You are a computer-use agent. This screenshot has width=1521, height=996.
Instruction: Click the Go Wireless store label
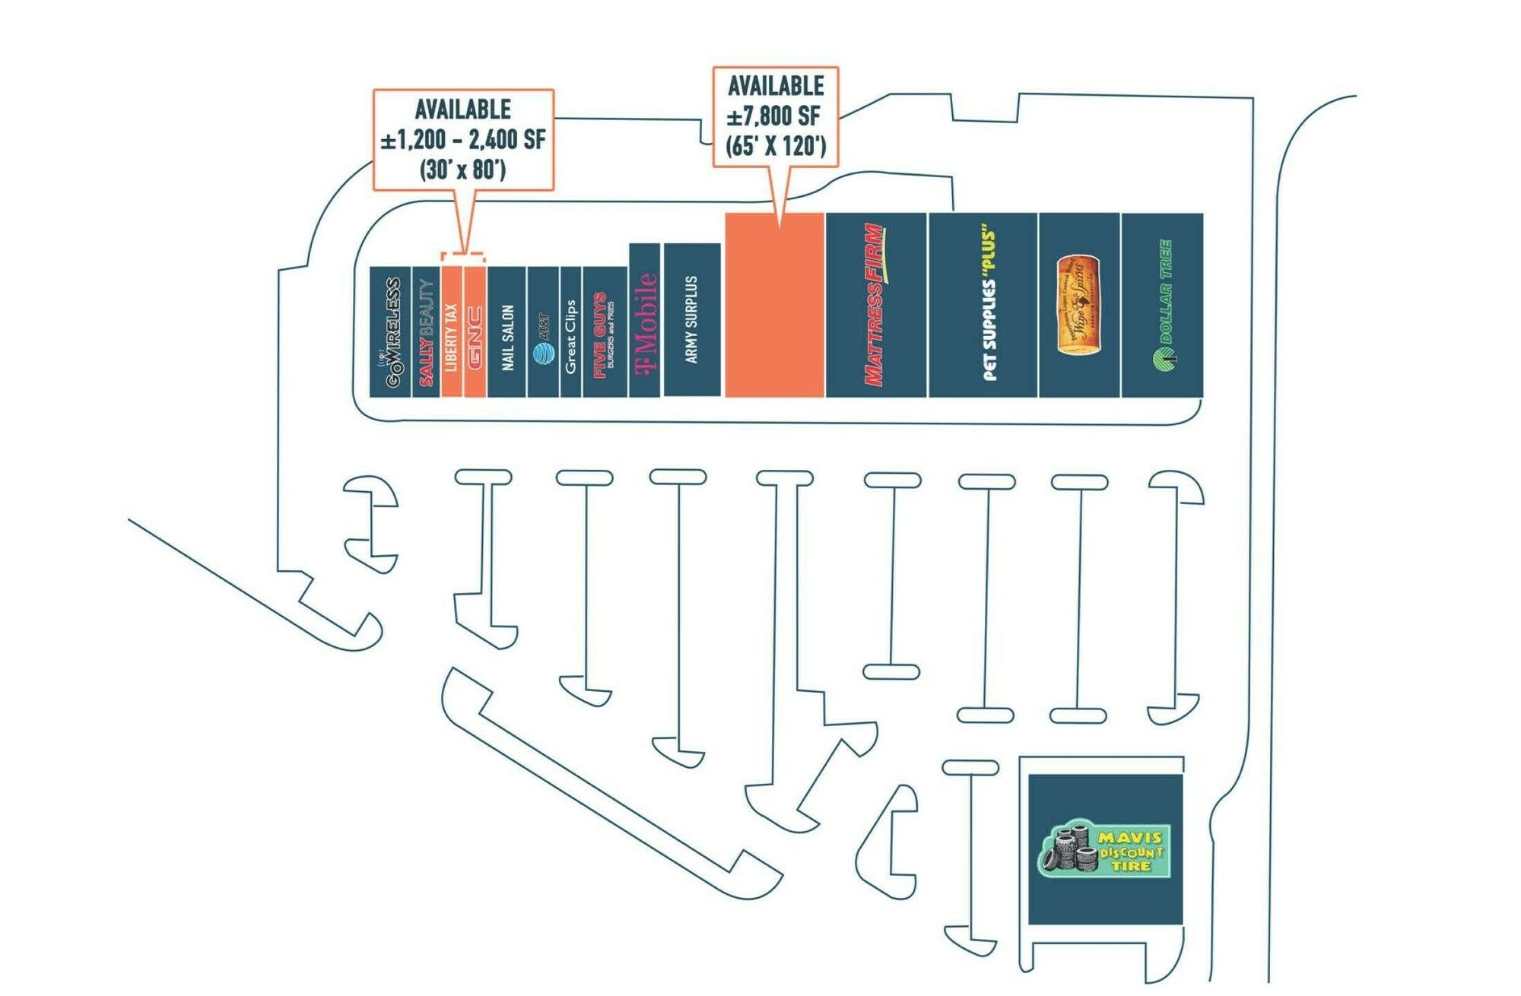click(392, 332)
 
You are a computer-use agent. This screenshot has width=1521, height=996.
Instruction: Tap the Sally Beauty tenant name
click(426, 332)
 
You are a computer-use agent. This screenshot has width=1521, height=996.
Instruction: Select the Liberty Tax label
click(451, 337)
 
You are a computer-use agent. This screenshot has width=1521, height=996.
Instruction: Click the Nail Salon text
click(508, 338)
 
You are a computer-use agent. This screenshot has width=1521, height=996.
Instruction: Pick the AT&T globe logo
click(544, 354)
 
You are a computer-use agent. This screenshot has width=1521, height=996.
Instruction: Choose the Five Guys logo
click(604, 335)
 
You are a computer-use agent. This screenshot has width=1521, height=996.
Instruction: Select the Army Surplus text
click(691, 319)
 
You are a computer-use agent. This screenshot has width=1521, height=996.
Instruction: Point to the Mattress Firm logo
click(875, 304)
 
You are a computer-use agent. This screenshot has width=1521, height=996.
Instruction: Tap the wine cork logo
click(1078, 305)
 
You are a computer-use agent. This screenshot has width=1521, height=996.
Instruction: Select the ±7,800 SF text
click(774, 117)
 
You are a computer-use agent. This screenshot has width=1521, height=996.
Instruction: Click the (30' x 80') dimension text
click(462, 169)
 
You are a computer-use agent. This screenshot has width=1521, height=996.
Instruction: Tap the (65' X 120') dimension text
click(775, 145)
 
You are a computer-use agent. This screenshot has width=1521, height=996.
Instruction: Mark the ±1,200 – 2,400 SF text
click(462, 140)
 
